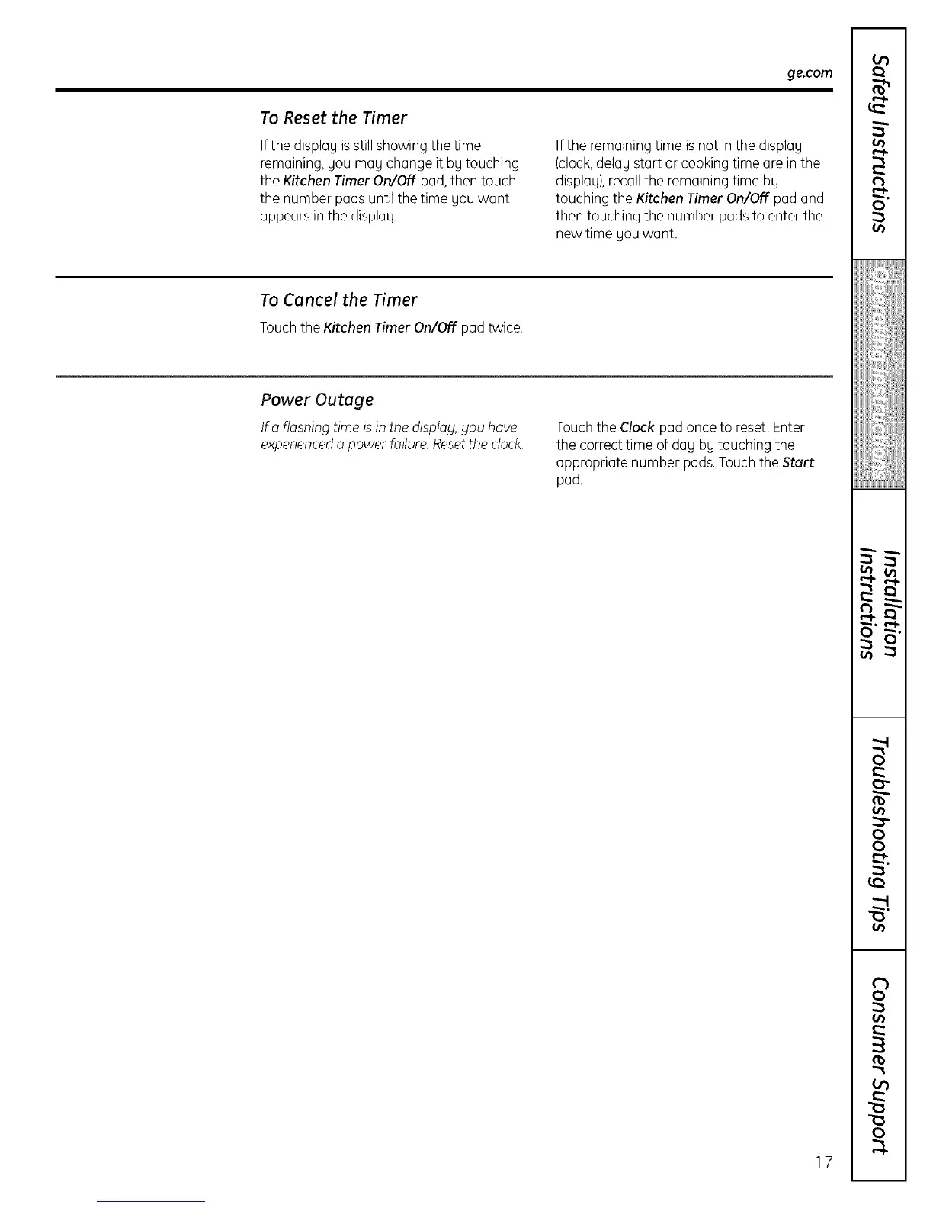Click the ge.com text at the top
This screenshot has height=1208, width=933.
pyautogui.click(x=809, y=74)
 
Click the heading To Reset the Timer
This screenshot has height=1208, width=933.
pyautogui.click(x=333, y=118)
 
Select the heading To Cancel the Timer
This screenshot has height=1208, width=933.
pyautogui.click(x=338, y=300)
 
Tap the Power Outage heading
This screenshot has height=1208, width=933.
pyautogui.click(x=316, y=400)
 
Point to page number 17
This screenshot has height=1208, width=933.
pyautogui.click(x=822, y=1162)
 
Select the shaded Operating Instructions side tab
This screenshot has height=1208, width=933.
pyautogui.click(x=880, y=374)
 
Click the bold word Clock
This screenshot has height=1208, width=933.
pyautogui.click(x=637, y=427)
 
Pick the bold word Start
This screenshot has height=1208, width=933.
pyautogui.click(x=798, y=462)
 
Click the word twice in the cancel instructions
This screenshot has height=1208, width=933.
pyautogui.click(x=505, y=328)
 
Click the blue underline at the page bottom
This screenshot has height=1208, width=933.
pyautogui.click(x=151, y=1201)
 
